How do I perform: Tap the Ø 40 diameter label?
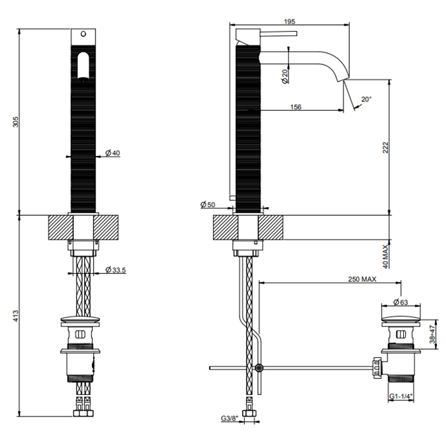tap(112, 153)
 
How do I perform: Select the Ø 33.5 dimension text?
tap(115, 270)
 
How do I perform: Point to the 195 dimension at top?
tap(289, 21)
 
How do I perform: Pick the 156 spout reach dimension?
tap(295, 107)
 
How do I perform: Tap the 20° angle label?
tap(366, 99)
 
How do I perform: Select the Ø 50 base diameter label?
tap(208, 205)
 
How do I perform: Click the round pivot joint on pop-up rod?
tap(258, 368)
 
